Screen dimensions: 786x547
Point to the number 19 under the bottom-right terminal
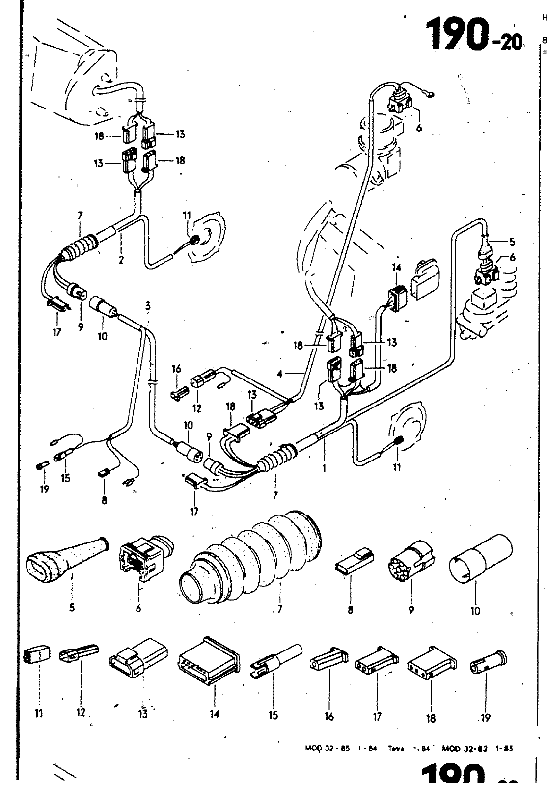point(485,718)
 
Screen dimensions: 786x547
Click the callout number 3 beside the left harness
point(148,306)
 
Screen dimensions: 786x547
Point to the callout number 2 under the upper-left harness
point(121,260)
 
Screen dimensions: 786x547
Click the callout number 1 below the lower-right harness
point(324,468)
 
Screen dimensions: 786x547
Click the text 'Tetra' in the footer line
point(395,749)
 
